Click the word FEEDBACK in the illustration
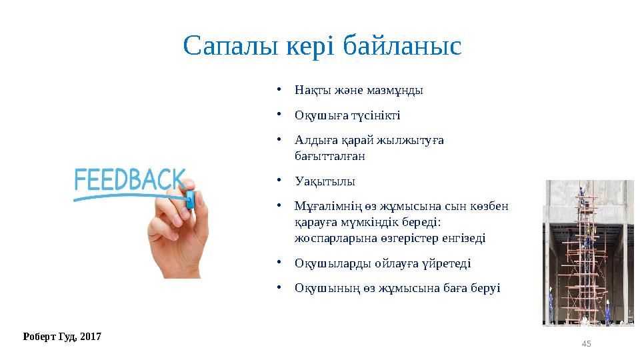(129, 180)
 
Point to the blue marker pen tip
(189, 199)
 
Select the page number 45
(586, 343)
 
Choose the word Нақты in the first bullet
(310, 90)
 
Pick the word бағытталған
(329, 156)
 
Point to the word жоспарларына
(328, 237)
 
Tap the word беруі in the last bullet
(486, 288)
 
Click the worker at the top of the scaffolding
(581, 194)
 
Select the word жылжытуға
(413, 141)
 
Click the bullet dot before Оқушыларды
(282, 262)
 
